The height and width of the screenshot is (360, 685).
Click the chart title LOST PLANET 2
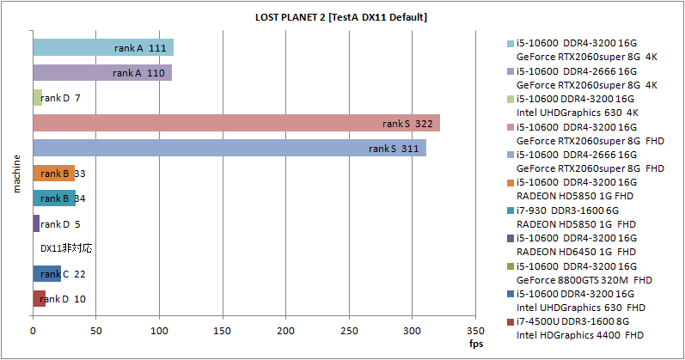[x=341, y=17]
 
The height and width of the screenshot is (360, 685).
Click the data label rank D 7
[x=61, y=98]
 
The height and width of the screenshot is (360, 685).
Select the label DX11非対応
[x=66, y=248]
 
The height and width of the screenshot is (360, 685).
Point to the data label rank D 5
[x=61, y=224]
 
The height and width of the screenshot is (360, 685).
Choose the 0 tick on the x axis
[x=33, y=331]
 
